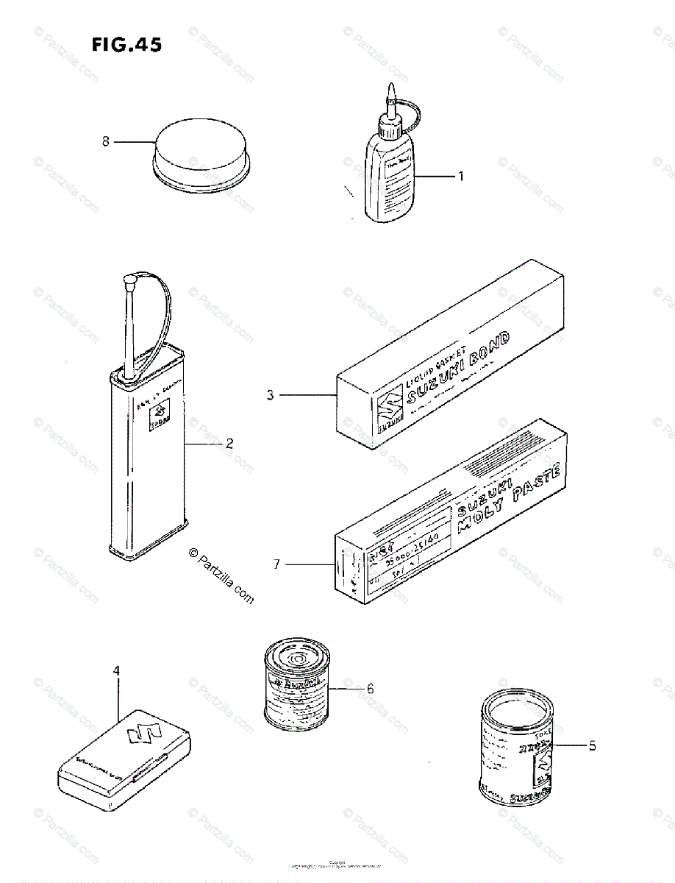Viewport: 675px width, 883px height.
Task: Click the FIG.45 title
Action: point(126,46)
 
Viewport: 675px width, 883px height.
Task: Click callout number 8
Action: point(106,141)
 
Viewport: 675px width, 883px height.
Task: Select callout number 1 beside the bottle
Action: point(461,176)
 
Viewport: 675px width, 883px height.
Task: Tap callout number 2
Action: point(229,443)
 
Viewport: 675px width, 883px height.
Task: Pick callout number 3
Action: point(271,395)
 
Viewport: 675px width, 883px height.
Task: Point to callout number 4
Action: point(116,670)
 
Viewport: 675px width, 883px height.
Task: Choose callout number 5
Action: point(592,745)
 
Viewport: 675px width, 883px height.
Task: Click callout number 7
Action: point(276,564)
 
